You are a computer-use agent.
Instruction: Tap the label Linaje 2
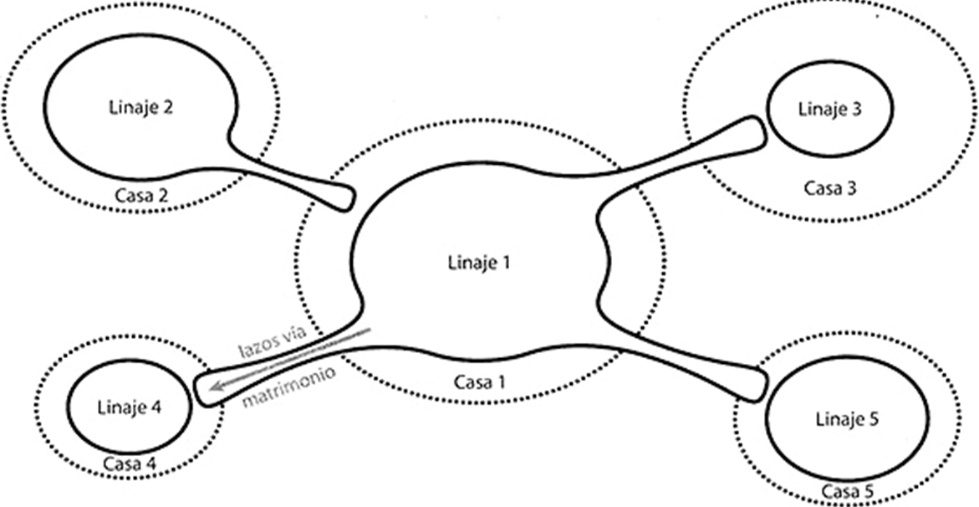pyautogui.click(x=140, y=108)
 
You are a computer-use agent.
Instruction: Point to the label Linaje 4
pyautogui.click(x=130, y=408)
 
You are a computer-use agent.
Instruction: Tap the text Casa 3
pyautogui.click(x=830, y=187)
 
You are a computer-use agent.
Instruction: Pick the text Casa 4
pyautogui.click(x=130, y=463)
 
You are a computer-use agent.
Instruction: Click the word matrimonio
pyautogui.click(x=288, y=387)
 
